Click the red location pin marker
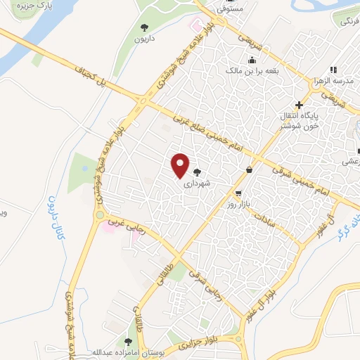181,165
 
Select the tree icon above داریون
144,27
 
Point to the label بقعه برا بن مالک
253,71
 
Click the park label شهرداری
196,186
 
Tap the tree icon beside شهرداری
197,173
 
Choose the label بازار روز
240,203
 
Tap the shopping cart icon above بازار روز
240,192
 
